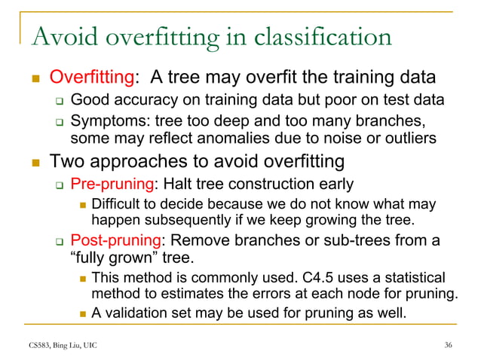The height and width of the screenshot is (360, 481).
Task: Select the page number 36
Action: (449, 345)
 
